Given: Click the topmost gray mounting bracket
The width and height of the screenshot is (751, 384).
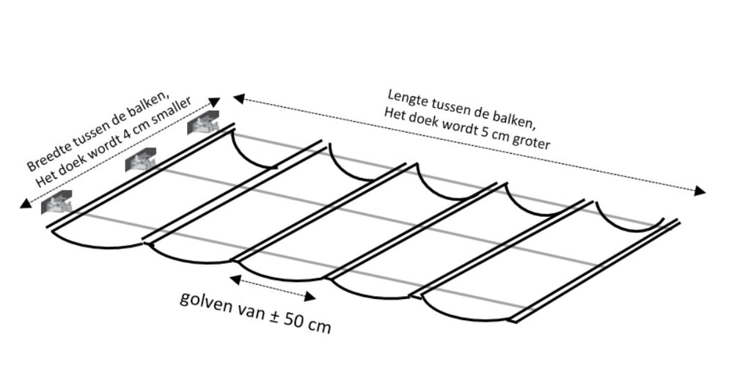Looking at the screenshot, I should [x=203, y=123].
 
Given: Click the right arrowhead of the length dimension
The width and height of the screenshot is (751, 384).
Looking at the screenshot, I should [x=700, y=191].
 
